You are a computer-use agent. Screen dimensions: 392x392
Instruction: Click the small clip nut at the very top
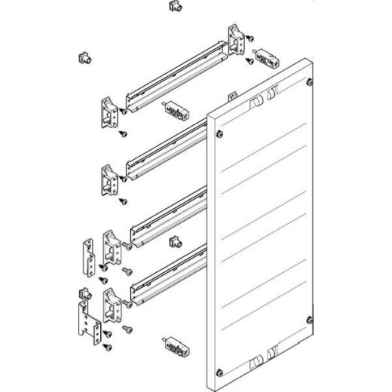pos(174,8)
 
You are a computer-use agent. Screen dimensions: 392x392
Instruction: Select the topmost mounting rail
pos(175,78)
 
